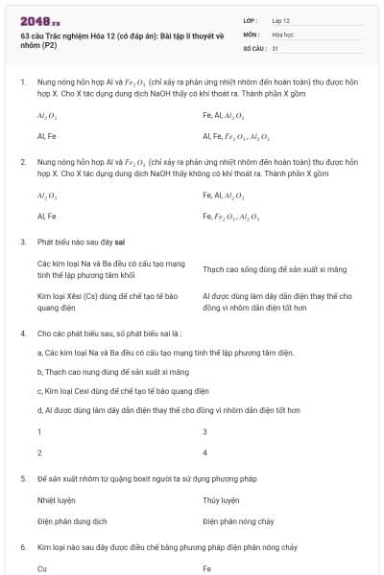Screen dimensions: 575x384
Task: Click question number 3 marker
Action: [22, 242]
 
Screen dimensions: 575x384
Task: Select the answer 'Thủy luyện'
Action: [221, 499]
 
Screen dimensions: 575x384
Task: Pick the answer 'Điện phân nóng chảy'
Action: [239, 520]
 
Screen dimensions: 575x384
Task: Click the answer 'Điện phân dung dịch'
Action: [72, 520]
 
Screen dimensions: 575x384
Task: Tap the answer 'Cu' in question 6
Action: [42, 567]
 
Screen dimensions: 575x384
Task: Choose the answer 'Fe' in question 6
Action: [207, 567]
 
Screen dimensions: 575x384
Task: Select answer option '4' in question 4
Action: [205, 451]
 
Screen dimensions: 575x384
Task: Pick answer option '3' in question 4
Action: [205, 431]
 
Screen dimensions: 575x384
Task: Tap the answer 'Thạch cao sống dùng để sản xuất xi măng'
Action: [268, 270]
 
